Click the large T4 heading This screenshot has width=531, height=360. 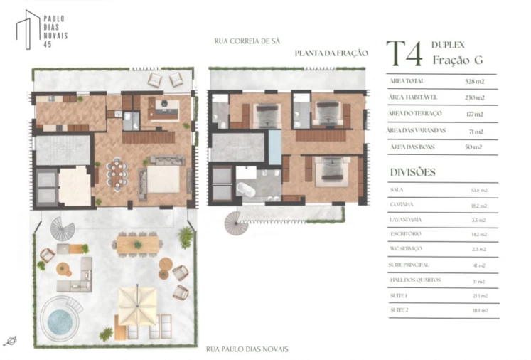(405, 53)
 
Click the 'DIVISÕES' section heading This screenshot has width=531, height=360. (413, 172)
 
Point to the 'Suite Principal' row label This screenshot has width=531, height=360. (409, 264)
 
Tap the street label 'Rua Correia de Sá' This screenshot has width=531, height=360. (247, 41)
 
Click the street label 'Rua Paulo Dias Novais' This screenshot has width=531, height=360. (247, 349)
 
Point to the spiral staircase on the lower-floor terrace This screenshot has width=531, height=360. (62, 228)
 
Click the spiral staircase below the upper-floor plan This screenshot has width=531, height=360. (234, 223)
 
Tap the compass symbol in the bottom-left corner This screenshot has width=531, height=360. (10, 341)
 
